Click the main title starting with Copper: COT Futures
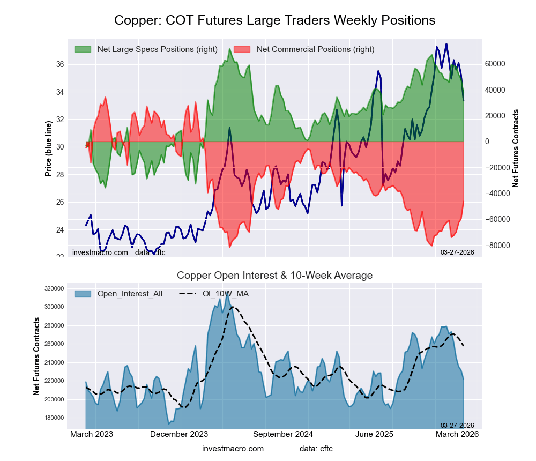(x=274, y=20)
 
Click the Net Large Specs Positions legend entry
(x=157, y=49)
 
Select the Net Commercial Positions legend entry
(x=315, y=49)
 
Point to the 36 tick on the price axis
(x=59, y=64)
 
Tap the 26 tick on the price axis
(x=59, y=202)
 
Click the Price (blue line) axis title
(x=48, y=148)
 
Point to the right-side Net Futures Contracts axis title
(x=516, y=148)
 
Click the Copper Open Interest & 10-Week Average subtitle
(x=274, y=276)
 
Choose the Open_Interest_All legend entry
(x=130, y=294)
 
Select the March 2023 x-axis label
(x=92, y=434)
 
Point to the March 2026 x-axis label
(x=456, y=434)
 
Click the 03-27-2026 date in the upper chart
(x=457, y=252)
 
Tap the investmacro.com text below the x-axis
(x=233, y=448)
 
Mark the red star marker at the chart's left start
(x=87, y=144)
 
